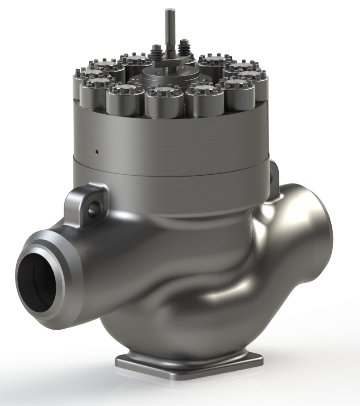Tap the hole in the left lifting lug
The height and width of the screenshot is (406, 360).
92,207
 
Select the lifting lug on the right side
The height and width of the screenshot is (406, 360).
274,174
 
